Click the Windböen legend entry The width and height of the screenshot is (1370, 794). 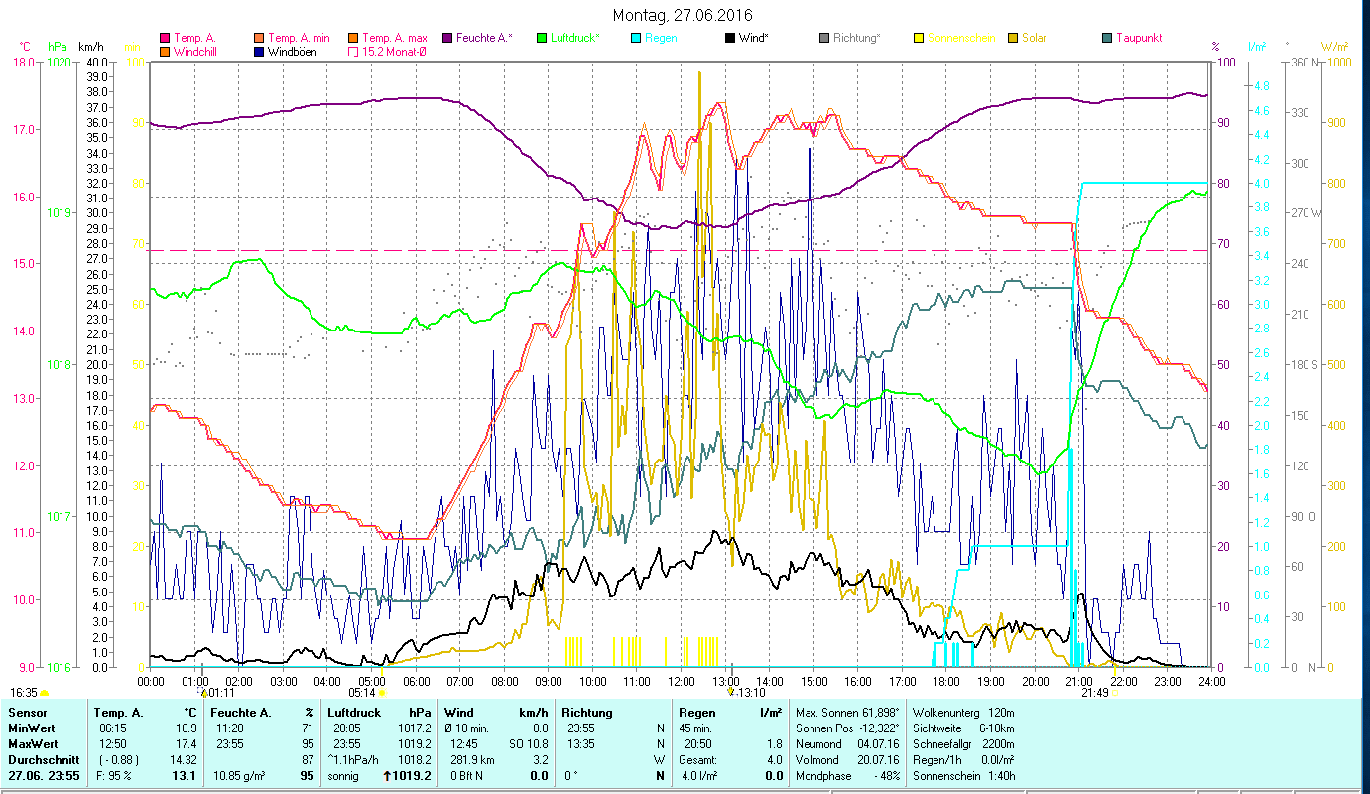pyautogui.click(x=293, y=51)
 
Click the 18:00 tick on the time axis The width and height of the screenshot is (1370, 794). pyautogui.click(x=946, y=681)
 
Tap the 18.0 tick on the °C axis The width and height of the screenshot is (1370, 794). pyautogui.click(x=23, y=62)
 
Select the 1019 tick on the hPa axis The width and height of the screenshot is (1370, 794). pyautogui.click(x=59, y=213)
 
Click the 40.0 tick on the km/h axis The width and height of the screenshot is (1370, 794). pyautogui.click(x=97, y=62)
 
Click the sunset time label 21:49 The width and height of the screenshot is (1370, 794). pyautogui.click(x=1094, y=692)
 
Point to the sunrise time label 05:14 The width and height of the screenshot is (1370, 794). pyautogui.click(x=362, y=692)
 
